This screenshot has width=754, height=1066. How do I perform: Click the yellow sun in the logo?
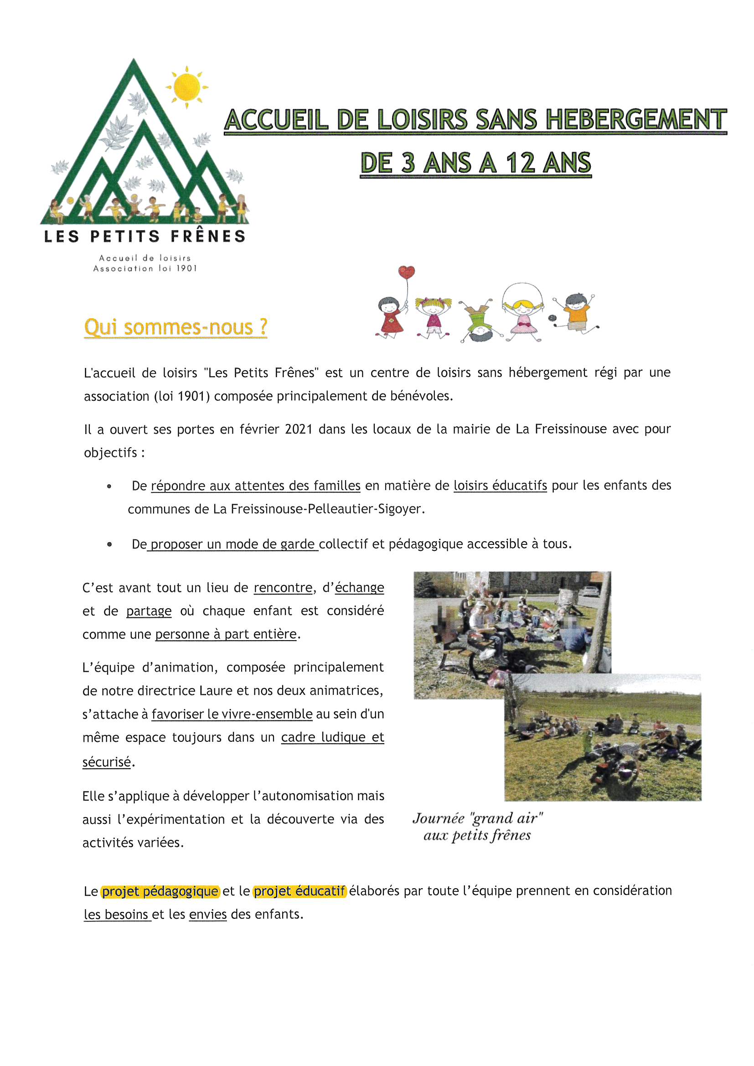coord(186,87)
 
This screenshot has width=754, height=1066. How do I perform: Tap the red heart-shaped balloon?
coord(406,272)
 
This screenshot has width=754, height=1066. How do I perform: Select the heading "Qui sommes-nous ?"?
coord(176,327)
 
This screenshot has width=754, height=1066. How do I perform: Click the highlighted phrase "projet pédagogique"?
coord(160,891)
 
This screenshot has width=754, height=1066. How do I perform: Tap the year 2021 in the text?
coord(298,429)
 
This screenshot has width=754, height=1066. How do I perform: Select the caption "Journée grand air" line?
coord(477,818)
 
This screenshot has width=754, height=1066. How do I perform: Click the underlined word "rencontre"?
coord(283,588)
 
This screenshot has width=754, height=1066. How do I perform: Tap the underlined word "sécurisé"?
coord(106,762)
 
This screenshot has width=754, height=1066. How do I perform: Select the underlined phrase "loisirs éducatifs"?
coord(500,486)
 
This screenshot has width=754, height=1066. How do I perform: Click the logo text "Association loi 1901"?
coord(145,269)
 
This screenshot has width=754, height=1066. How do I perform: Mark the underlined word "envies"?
coord(207,914)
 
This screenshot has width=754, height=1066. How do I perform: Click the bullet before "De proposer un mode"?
coord(109,544)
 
